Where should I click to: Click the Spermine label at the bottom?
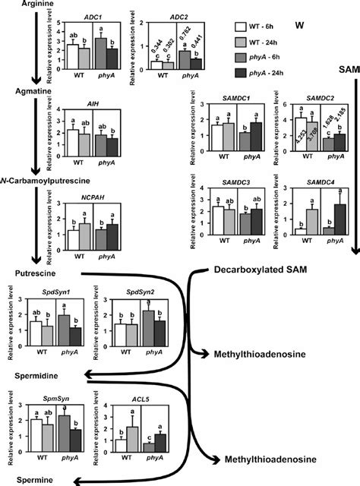tap(30, 481)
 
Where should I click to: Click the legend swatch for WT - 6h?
tap(239, 26)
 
